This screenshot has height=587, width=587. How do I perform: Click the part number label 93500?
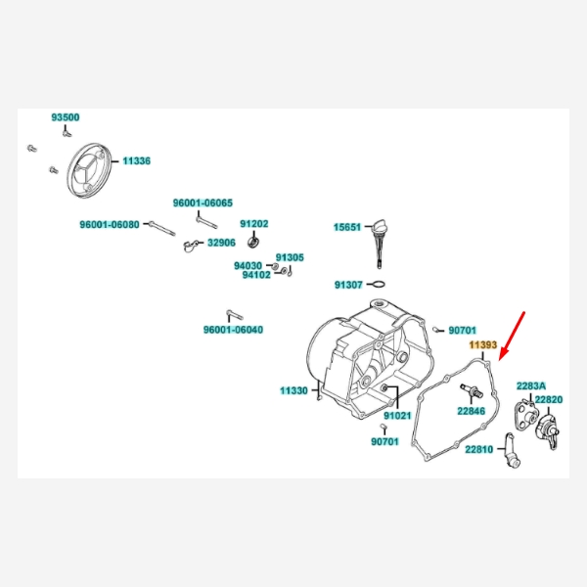[x=66, y=117]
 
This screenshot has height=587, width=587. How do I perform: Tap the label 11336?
[x=136, y=160]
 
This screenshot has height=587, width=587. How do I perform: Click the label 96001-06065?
[x=203, y=203]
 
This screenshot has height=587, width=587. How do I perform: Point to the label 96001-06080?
[x=110, y=224]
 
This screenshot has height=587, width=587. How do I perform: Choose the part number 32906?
[x=221, y=243]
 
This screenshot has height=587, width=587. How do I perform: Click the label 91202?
[x=254, y=224]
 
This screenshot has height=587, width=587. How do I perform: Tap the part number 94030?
[x=248, y=265]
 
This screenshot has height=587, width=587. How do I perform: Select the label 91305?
[x=290, y=257]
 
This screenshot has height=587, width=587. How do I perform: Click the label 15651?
[x=347, y=227]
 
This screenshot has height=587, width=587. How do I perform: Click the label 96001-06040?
[x=233, y=330]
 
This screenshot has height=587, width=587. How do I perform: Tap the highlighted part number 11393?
[x=483, y=345]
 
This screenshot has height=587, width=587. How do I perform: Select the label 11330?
[x=293, y=390]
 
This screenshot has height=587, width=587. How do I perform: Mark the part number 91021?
[x=397, y=416]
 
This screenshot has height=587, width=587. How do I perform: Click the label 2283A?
[x=531, y=386]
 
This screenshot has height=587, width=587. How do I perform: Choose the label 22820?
[x=549, y=400]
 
